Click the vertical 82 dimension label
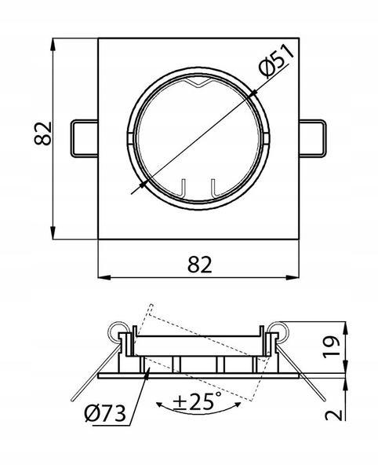(43, 134)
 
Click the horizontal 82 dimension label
(200, 265)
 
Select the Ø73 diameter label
(105, 413)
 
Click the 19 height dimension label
(331, 346)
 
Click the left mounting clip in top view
(85, 138)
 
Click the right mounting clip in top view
(313, 138)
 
